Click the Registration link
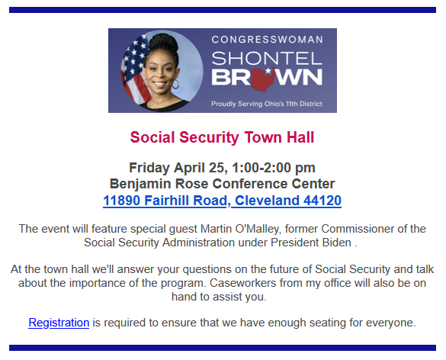click(x=59, y=323)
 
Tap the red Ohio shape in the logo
click(x=263, y=79)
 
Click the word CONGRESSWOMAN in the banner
click(x=267, y=40)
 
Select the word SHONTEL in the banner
click(x=267, y=58)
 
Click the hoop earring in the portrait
click(x=175, y=85)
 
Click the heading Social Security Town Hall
click(x=222, y=137)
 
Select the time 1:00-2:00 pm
click(x=274, y=168)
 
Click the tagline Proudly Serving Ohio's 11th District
click(x=267, y=104)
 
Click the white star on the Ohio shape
click(x=268, y=70)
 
